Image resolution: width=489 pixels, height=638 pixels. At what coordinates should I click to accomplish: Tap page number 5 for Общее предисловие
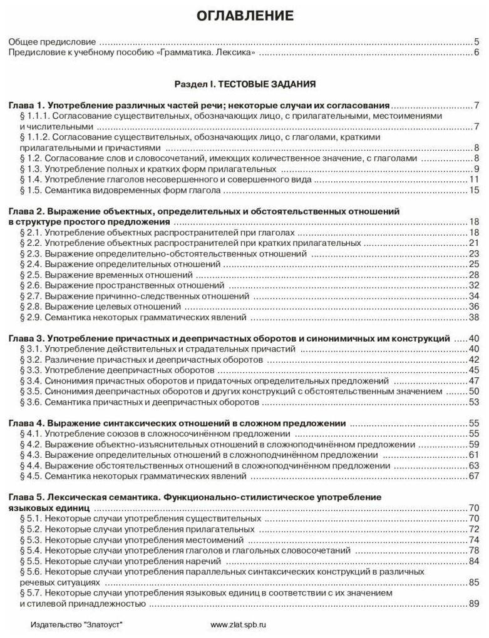point(476,43)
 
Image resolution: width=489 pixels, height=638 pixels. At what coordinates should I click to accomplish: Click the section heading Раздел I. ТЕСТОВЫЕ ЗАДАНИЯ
point(244,83)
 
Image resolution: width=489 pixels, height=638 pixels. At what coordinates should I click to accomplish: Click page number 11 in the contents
point(474,180)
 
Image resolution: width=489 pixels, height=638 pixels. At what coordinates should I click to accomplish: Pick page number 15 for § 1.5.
point(474,191)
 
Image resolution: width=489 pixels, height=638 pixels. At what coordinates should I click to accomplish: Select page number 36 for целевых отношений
point(474,308)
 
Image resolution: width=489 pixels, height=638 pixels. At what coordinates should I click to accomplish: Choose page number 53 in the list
point(474,402)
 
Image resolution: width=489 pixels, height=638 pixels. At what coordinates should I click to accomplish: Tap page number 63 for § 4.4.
point(474,466)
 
